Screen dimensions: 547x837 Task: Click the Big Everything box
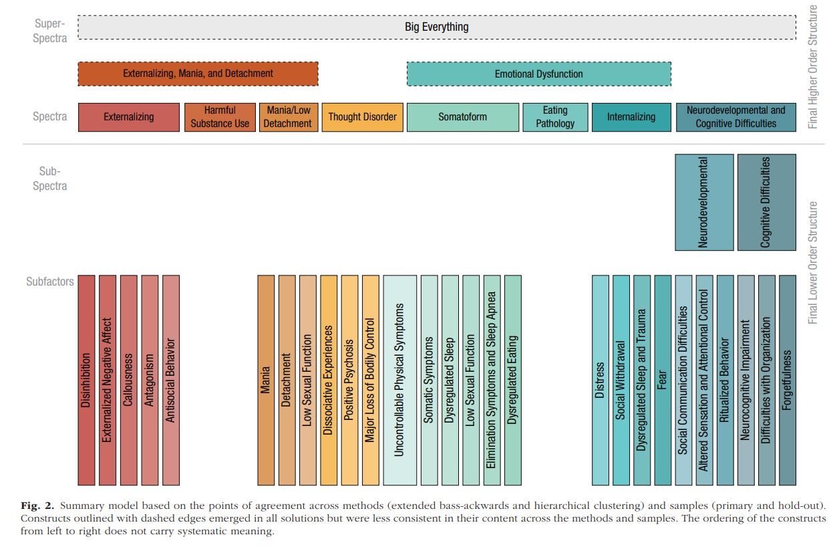coord(437,27)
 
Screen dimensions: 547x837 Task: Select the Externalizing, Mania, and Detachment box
coord(198,74)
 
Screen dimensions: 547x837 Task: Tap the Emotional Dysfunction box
coord(538,74)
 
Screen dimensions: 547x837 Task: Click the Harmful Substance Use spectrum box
coord(220,117)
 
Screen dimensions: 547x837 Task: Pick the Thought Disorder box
coord(362,117)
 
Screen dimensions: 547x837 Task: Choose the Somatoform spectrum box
coord(462,117)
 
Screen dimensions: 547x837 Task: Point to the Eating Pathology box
coord(555,117)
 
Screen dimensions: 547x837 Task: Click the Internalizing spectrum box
coord(631,117)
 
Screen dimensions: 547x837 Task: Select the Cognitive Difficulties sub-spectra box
coord(766,202)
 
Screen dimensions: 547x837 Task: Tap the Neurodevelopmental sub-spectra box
coord(703,202)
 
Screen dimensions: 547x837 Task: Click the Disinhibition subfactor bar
coord(86,380)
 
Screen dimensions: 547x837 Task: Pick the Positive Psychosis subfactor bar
coord(349,380)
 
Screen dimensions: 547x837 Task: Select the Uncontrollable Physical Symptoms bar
coord(399,380)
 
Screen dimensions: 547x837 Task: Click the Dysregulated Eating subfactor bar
coord(513,380)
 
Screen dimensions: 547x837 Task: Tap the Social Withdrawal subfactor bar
coord(621,380)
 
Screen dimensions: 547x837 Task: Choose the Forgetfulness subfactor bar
coord(787,380)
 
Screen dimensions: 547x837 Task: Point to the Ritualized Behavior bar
coord(725,380)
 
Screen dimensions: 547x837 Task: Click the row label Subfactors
coord(50,282)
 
